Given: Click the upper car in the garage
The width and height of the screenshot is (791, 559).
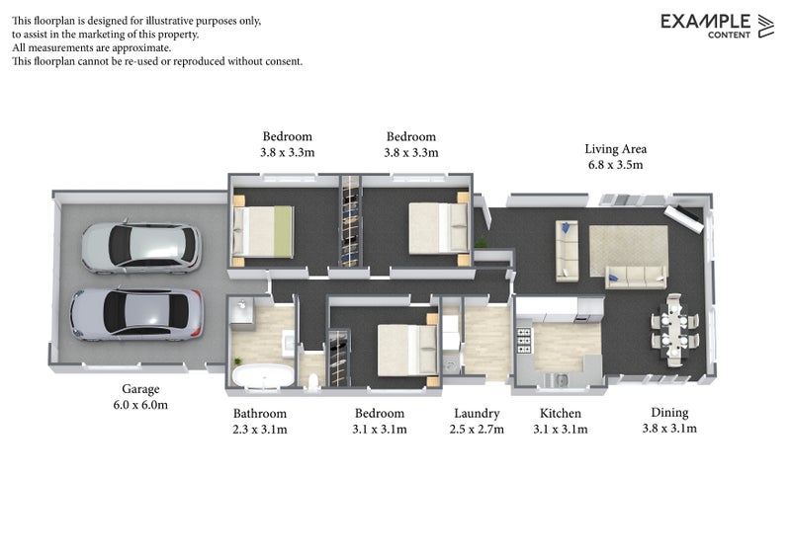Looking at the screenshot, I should click(141, 247).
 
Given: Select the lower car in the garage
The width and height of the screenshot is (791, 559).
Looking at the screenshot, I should click(136, 313).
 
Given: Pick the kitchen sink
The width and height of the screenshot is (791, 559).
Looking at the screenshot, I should click(560, 379).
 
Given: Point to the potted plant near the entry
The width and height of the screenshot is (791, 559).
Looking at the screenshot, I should click(482, 241).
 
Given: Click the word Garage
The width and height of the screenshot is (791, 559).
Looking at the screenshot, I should click(139, 389).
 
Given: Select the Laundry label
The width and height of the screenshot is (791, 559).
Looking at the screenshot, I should click(477, 413).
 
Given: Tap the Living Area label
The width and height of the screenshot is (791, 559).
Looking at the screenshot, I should click(615, 149).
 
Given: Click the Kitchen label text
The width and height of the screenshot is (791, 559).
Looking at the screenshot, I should click(560, 413).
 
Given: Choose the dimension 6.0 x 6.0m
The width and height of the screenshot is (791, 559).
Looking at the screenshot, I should click(139, 405).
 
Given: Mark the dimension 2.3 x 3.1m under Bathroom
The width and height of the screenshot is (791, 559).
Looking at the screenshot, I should click(260, 430).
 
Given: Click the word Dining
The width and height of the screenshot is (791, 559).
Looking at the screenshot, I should click(669, 412).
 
